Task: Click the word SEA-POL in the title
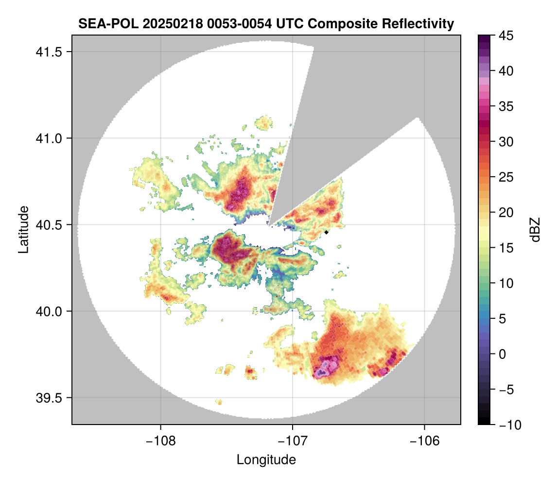click(x=102, y=23)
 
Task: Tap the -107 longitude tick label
click(x=293, y=441)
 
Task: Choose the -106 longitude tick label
click(x=425, y=441)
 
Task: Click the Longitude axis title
click(x=266, y=460)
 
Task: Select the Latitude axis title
click(x=23, y=229)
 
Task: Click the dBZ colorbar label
click(x=535, y=229)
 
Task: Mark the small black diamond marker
click(x=327, y=232)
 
